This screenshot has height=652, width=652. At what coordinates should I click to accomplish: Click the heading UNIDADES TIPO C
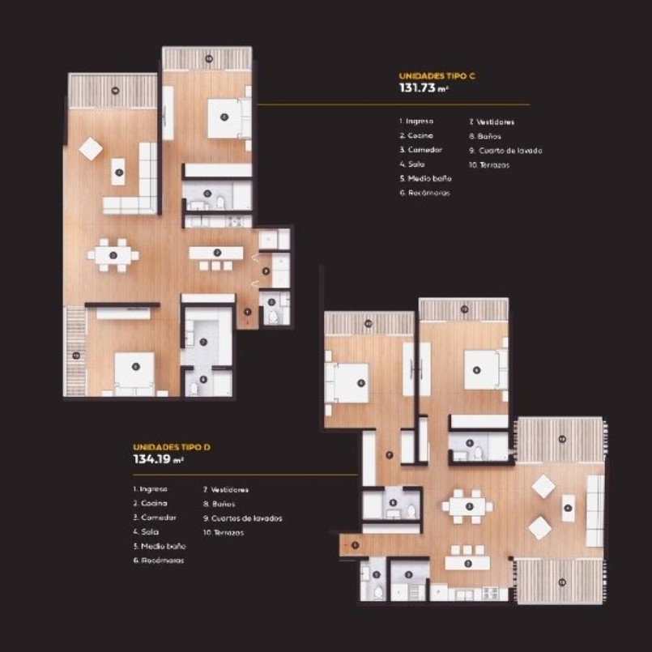click(437, 75)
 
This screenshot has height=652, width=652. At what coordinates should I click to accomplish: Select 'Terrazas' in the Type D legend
click(224, 532)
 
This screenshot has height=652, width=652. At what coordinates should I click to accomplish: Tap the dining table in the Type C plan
click(113, 255)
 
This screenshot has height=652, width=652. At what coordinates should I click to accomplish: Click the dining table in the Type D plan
click(467, 507)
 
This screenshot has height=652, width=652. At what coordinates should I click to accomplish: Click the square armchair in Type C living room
click(90, 149)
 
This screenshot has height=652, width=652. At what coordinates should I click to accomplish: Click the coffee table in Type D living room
click(568, 508)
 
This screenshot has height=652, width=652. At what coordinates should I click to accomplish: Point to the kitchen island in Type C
click(215, 254)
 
